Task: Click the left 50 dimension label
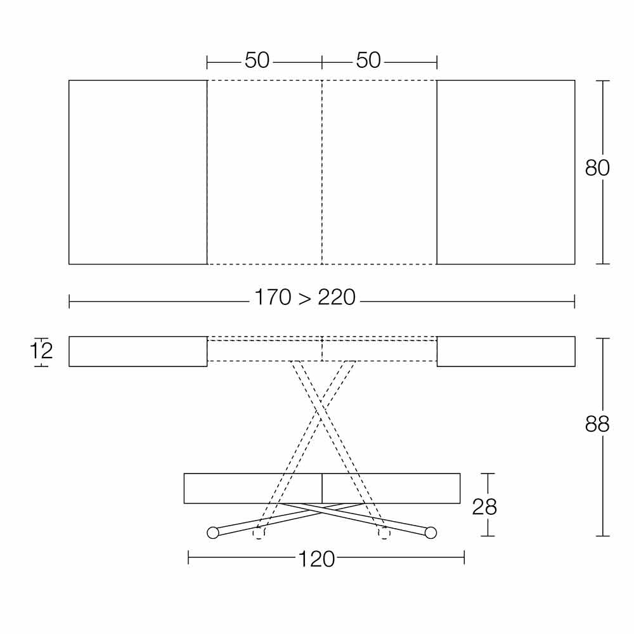point(257,60)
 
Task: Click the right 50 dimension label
point(368,60)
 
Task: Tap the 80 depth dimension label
point(597,168)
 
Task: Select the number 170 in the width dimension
point(273,297)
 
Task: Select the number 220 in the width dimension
point(337,297)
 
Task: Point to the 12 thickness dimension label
point(42,351)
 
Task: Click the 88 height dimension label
point(597,425)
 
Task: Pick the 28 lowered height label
point(484,507)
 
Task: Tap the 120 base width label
point(316,560)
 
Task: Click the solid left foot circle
point(212,533)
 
